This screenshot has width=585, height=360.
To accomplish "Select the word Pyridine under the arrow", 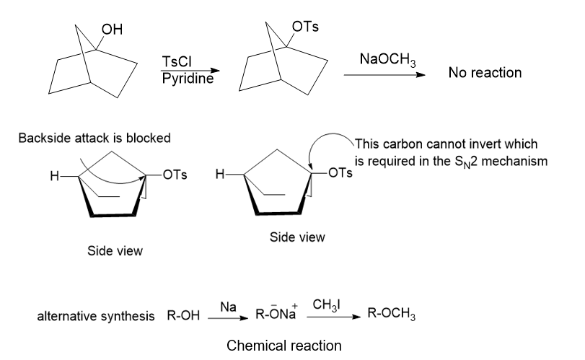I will pyautogui.click(x=188, y=78).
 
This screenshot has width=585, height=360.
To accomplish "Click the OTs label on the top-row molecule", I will pyautogui.click(x=305, y=27).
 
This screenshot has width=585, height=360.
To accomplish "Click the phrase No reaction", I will pyautogui.click(x=485, y=73).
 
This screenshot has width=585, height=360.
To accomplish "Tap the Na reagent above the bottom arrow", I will pyautogui.click(x=226, y=307).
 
